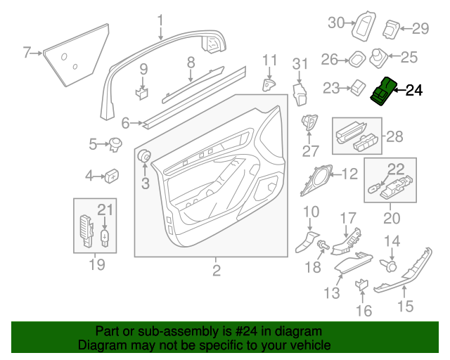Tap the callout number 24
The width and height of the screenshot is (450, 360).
pyautogui.click(x=415, y=90)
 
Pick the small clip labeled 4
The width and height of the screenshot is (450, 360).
pyautogui.click(x=110, y=175)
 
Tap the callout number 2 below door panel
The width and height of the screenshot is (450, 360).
pyautogui.click(x=216, y=270)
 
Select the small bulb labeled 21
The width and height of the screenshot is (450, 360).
pyautogui.click(x=105, y=236)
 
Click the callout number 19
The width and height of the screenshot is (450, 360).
pyautogui.click(x=96, y=264)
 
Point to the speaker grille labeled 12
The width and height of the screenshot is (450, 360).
pyautogui.click(x=317, y=179)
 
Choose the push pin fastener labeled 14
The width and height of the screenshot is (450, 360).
pyautogui.click(x=392, y=266)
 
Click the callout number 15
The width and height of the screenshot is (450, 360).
pyautogui.click(x=406, y=306)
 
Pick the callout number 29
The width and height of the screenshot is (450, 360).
pyautogui.click(x=420, y=29)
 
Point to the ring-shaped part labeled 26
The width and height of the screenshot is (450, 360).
pyautogui.click(x=356, y=59)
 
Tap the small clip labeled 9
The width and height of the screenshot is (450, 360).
pyautogui.click(x=143, y=91)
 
